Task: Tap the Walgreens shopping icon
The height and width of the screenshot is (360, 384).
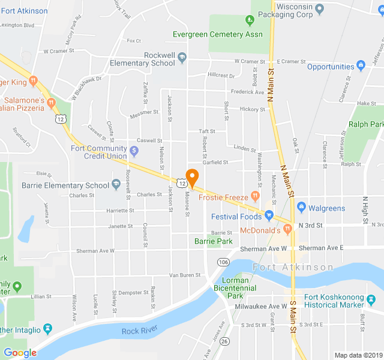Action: (x=301, y=208)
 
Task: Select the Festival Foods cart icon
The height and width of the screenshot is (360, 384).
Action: (x=269, y=216)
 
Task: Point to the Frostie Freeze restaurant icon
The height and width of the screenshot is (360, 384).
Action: (x=255, y=196)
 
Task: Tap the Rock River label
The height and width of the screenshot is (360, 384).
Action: (x=139, y=331)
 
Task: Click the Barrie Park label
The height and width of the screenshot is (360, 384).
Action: (x=214, y=241)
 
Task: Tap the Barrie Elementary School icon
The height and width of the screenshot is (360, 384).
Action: (x=116, y=185)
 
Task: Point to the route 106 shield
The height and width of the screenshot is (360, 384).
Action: (x=223, y=263)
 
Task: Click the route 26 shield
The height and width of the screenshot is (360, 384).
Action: (x=224, y=341)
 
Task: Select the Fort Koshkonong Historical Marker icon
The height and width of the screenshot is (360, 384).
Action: (x=372, y=298)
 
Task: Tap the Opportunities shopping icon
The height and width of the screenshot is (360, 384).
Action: (x=361, y=66)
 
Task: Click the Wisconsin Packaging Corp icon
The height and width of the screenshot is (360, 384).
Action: (x=320, y=9)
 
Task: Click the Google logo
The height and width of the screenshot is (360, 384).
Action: (x=20, y=353)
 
